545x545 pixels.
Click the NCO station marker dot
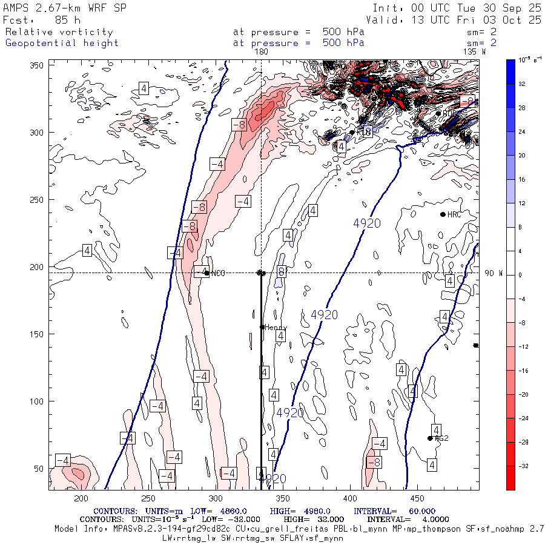coord(207,273)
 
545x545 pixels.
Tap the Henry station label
coord(276,328)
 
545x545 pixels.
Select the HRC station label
coord(454,214)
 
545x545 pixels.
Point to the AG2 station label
coord(441,438)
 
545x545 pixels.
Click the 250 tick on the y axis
coord(38,199)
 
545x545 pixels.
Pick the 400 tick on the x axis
coord(349,498)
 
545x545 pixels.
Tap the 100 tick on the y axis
coord(38,401)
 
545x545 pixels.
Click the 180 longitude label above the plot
coord(261,52)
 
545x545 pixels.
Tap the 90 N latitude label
coord(494,273)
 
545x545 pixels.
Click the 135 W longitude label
coord(474,52)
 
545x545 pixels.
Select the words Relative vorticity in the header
coord(59,32)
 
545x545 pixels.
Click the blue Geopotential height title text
coord(62,43)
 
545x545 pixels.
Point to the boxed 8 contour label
coord(281,272)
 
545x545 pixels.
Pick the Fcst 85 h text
coord(42,20)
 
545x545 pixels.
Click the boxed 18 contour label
coord(366,132)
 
